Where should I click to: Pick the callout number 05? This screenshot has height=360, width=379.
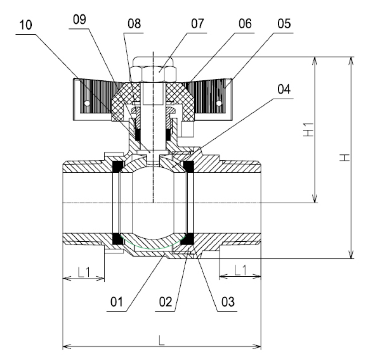283,24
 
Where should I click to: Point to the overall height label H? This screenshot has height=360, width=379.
346,157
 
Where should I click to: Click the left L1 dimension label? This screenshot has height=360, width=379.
83,273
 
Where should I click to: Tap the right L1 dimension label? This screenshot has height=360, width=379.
240,271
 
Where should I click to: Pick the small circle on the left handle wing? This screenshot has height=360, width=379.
87,103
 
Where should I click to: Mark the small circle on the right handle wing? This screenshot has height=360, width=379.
219,103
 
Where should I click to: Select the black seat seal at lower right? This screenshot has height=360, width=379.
188,239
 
